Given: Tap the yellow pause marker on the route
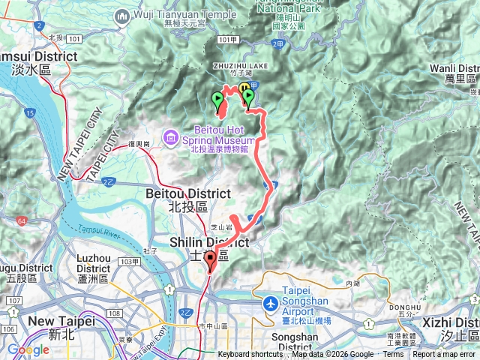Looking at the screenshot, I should (244, 89).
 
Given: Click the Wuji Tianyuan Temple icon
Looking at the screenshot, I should (122, 16).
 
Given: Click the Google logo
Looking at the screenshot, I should (28, 349).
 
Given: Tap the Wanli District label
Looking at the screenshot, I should (454, 73).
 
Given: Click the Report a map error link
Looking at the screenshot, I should (444, 355).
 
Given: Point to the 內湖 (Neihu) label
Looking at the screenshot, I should (353, 283).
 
